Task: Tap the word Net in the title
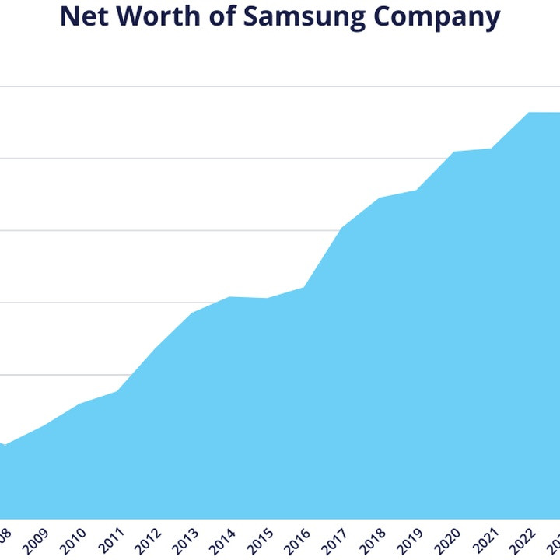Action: [83, 16]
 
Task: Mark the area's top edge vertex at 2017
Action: [341, 228]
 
